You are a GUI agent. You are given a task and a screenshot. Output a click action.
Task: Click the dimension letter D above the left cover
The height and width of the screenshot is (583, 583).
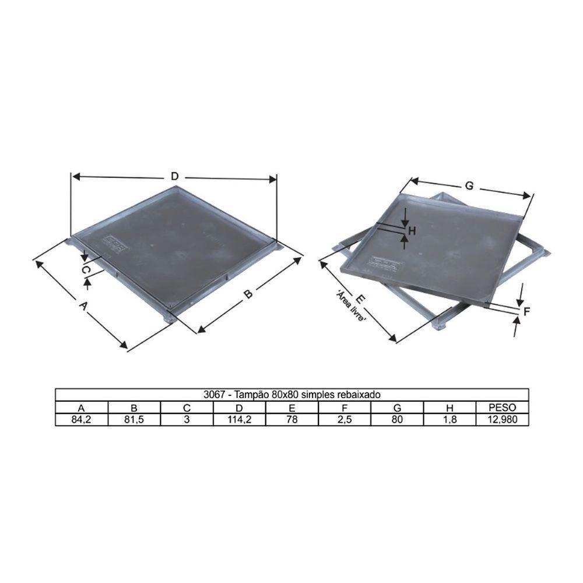point(174,176)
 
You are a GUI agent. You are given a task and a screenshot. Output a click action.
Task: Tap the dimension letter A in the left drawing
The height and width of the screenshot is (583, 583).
point(83,305)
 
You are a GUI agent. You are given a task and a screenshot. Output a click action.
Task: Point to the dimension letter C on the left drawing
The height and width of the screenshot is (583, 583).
point(85,271)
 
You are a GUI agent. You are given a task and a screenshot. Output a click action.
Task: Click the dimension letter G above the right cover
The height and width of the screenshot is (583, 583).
point(468,186)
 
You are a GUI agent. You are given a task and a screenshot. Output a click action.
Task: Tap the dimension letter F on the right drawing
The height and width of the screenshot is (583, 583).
point(526,312)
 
